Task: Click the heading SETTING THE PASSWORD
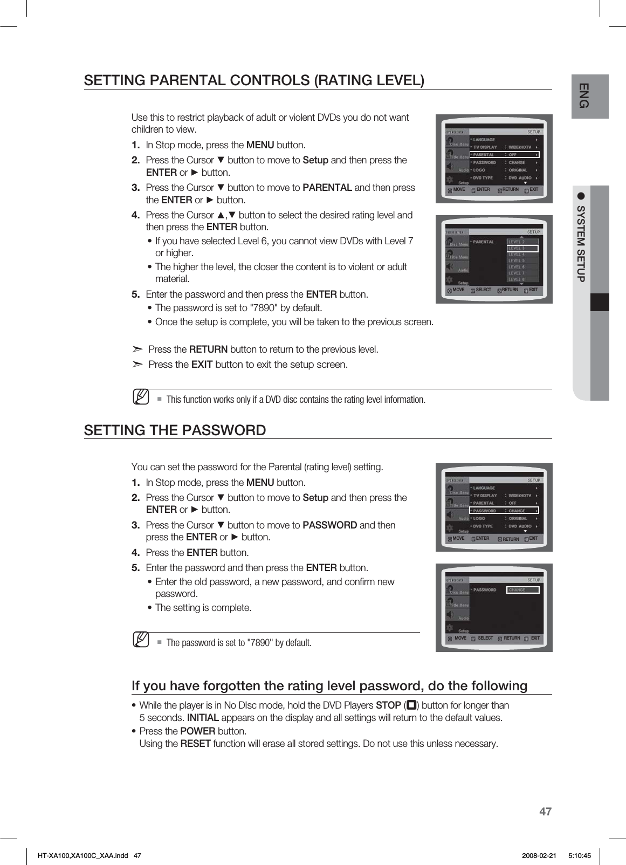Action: (175, 430)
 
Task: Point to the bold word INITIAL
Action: (203, 718)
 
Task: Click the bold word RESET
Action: (195, 744)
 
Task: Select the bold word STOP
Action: (388, 705)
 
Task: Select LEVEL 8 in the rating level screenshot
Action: (516, 279)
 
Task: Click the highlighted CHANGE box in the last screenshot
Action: (523, 590)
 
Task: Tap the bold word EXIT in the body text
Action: (202, 365)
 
